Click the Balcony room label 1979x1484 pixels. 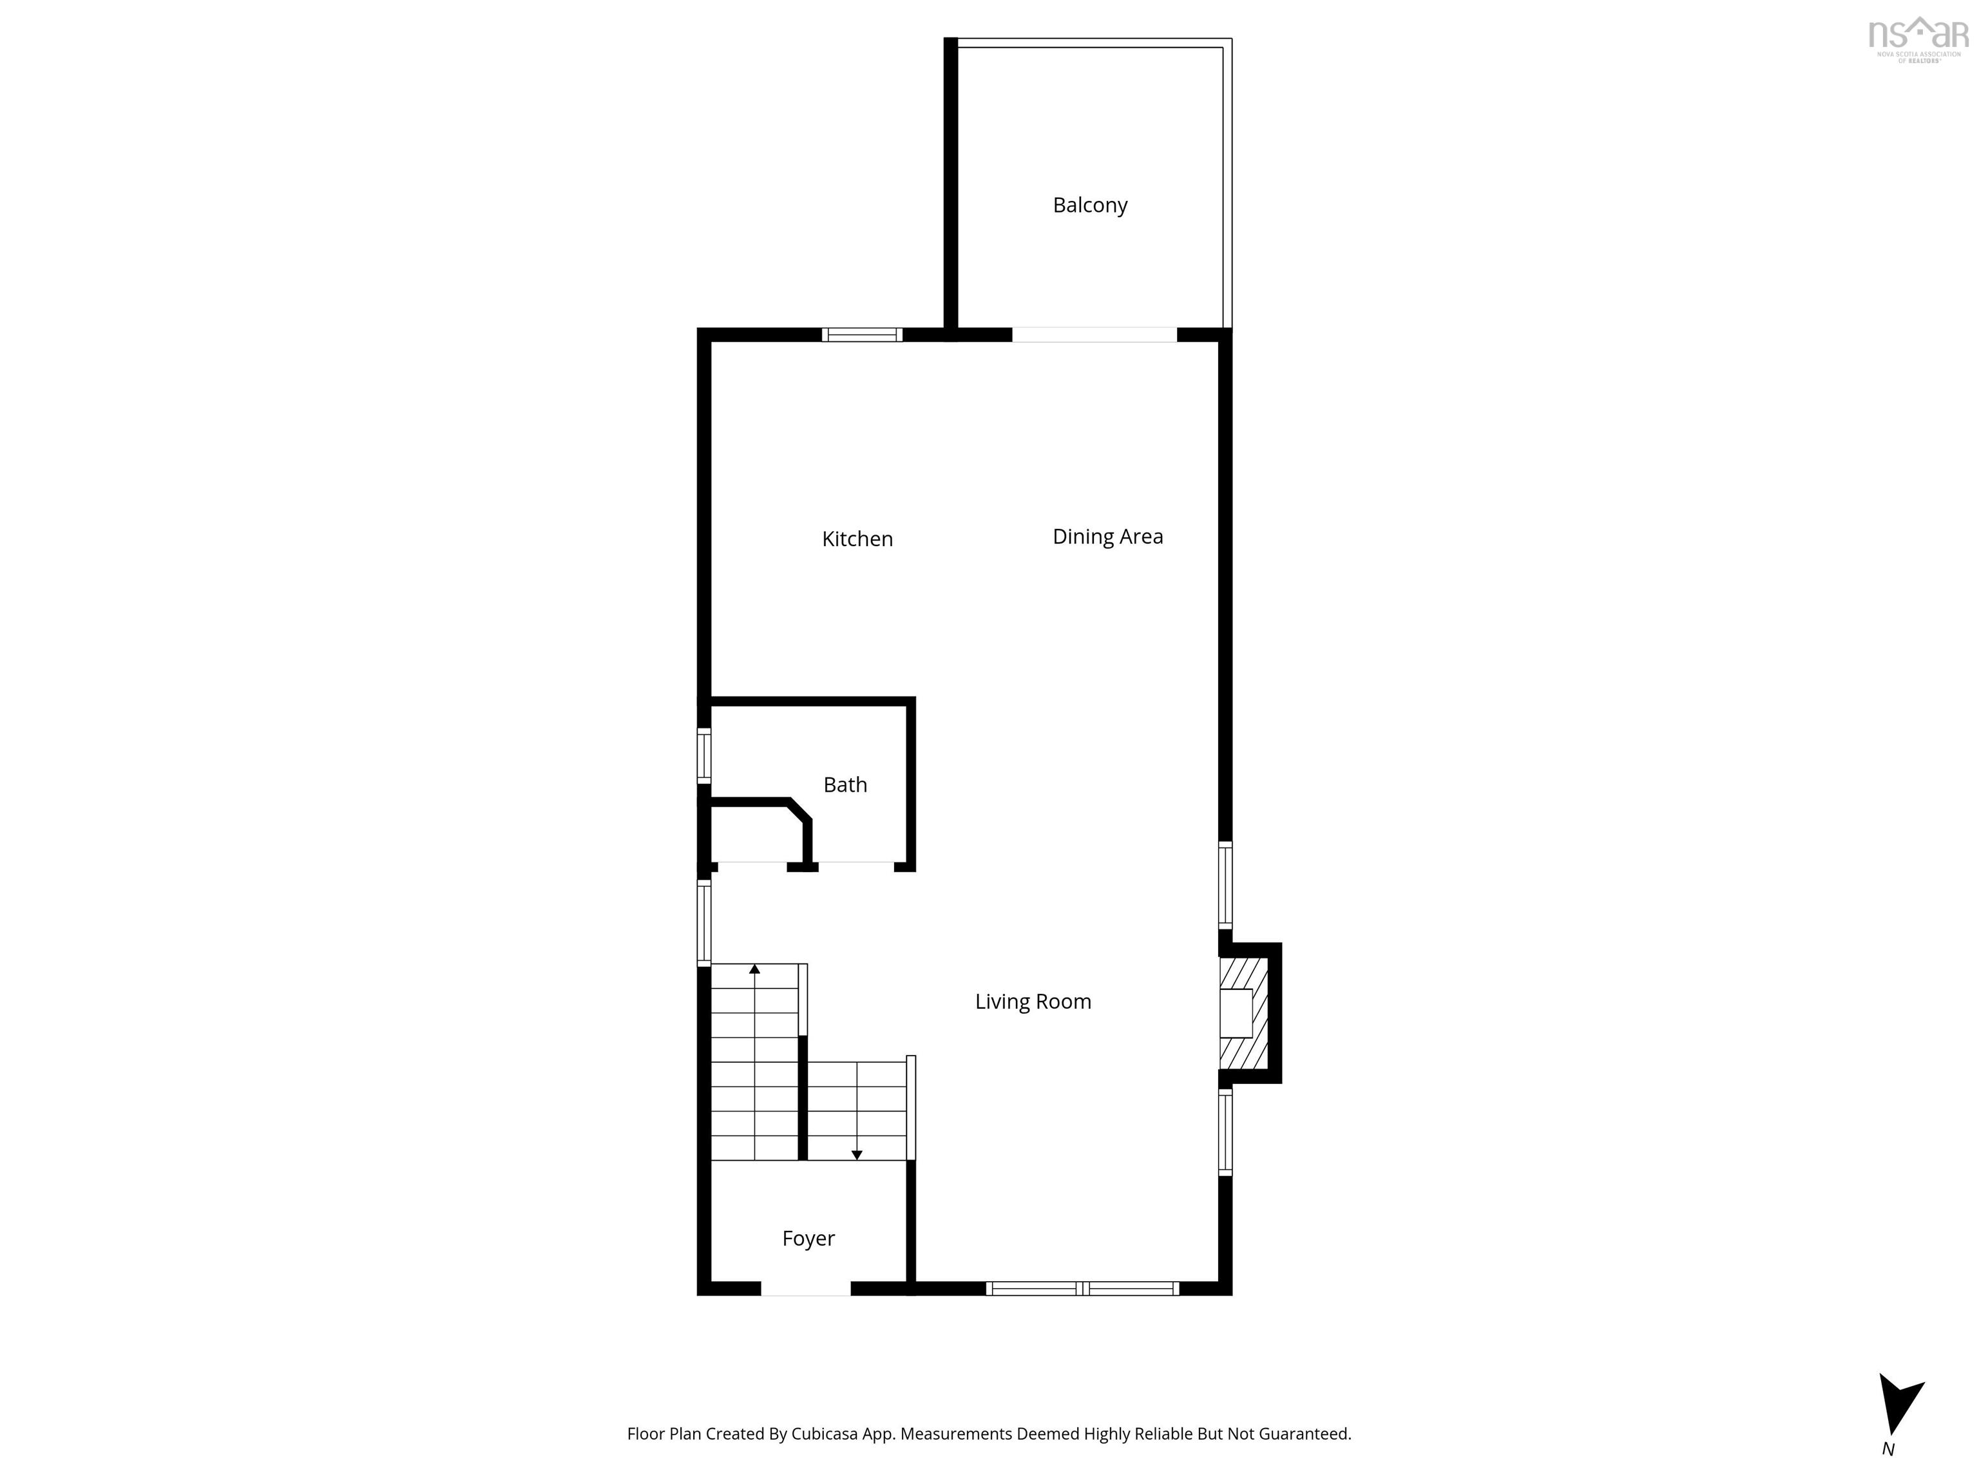click(1090, 205)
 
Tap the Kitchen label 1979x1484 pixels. click(857, 539)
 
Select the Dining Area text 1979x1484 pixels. click(1107, 537)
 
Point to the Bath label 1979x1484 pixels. click(845, 785)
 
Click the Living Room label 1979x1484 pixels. click(1033, 1002)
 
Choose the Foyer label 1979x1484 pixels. click(808, 1239)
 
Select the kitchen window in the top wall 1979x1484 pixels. click(861, 334)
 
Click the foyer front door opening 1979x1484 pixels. click(805, 1289)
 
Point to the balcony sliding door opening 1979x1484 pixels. click(1094, 334)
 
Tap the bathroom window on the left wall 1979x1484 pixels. click(704, 757)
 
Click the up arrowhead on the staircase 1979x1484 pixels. click(754, 969)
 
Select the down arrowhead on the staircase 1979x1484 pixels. click(856, 1155)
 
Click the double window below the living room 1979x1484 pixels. click(1082, 1289)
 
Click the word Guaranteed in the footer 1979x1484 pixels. click(1305, 1434)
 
